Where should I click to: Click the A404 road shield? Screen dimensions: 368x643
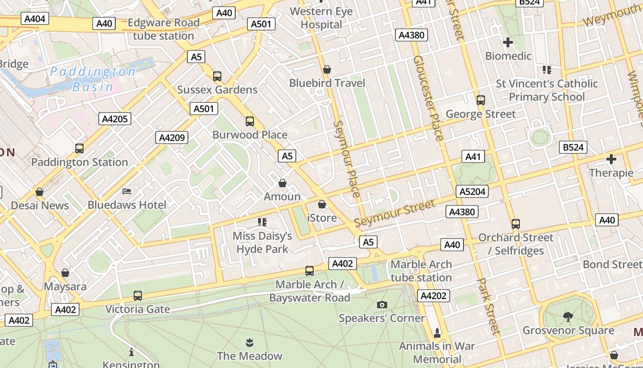click(35, 19)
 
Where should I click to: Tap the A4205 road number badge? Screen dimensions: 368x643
click(115, 119)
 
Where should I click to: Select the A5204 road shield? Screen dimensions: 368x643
click(472, 191)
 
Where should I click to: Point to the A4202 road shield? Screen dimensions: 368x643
click(434, 295)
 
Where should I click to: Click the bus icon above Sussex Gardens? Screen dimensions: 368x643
click(217, 76)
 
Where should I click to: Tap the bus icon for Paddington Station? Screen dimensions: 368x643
click(79, 149)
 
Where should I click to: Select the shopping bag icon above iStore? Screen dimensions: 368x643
click(322, 204)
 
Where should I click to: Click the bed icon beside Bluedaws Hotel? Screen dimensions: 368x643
click(127, 191)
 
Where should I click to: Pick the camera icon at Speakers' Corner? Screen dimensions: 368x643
click(382, 305)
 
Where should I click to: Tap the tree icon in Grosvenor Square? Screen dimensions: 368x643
click(568, 316)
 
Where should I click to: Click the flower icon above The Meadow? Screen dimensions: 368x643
click(249, 342)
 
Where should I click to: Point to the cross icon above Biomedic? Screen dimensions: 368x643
click(508, 42)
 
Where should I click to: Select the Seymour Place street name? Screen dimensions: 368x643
click(346, 159)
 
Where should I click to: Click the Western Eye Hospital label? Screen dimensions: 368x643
click(321, 18)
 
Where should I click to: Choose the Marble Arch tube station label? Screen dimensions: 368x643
click(421, 271)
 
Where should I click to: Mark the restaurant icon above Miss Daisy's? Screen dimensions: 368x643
click(262, 223)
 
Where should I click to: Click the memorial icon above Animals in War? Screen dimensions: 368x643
click(437, 332)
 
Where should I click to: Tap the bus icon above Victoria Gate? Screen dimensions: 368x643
click(137, 296)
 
